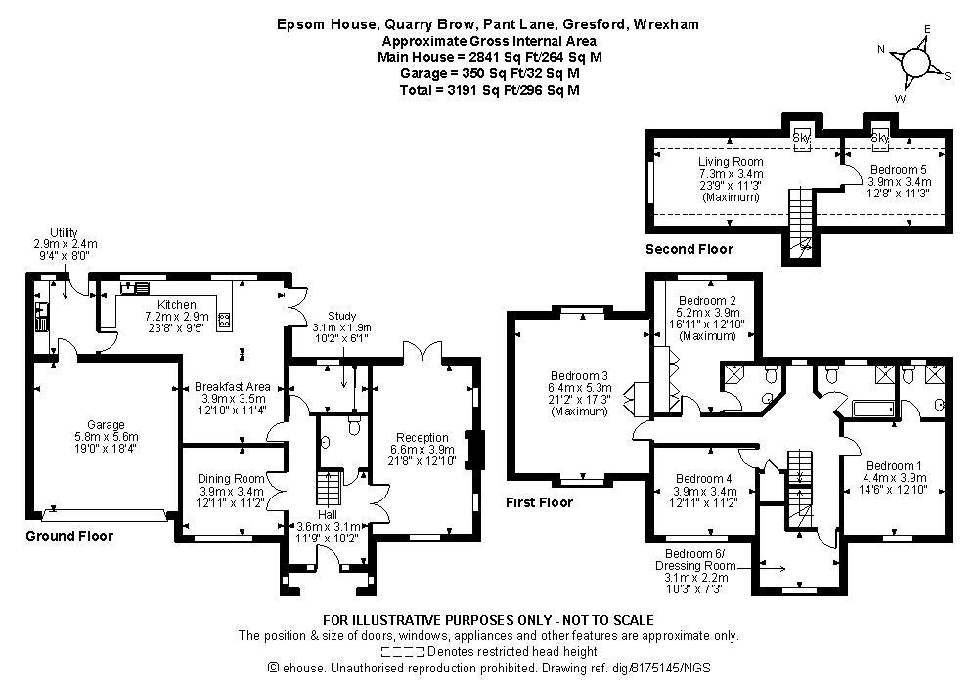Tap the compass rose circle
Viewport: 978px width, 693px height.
[x=915, y=62]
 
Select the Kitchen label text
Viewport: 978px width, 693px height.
[x=177, y=305]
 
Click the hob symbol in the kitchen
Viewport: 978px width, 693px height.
[x=223, y=321]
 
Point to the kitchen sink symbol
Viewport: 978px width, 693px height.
[x=135, y=288]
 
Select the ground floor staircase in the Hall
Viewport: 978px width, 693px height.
[x=329, y=488]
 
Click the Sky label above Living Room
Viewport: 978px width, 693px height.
[x=801, y=137]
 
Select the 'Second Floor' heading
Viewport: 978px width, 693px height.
[x=689, y=249]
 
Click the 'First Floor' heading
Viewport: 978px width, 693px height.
[x=539, y=502]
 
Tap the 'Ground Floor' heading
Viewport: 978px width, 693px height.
[x=69, y=536]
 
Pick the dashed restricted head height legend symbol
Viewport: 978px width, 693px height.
[x=404, y=652]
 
